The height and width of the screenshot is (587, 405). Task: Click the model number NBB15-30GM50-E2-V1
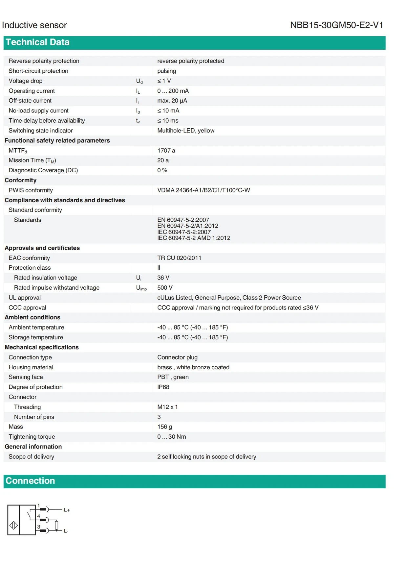(x=336, y=25)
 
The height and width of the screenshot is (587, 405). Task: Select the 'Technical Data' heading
(x=37, y=42)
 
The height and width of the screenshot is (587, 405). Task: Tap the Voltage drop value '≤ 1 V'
(x=164, y=81)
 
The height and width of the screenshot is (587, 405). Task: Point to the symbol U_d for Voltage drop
(x=139, y=81)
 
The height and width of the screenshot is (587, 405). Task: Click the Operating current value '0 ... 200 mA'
(x=173, y=91)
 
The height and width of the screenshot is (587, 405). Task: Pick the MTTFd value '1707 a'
(x=166, y=151)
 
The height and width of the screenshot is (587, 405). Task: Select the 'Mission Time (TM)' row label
(x=32, y=160)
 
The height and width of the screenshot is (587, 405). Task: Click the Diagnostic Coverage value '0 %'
(x=162, y=170)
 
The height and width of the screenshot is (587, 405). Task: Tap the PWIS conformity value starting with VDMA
(x=203, y=190)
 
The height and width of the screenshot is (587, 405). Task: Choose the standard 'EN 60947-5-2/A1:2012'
(x=187, y=226)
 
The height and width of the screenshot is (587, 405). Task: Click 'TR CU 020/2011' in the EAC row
(x=179, y=258)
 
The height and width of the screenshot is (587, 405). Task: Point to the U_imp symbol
(x=141, y=288)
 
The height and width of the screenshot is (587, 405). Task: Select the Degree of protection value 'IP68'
(x=163, y=387)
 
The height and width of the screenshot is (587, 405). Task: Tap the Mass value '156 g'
(x=164, y=427)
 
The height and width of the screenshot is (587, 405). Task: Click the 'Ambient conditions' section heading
(x=32, y=317)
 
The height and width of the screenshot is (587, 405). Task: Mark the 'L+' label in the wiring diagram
(x=67, y=510)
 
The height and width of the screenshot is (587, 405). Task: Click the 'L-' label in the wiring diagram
(x=66, y=531)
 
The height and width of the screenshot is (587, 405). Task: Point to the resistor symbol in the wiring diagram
(x=57, y=525)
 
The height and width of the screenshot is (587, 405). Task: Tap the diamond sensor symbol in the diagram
(x=14, y=525)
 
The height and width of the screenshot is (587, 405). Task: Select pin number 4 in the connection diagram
(x=38, y=516)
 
